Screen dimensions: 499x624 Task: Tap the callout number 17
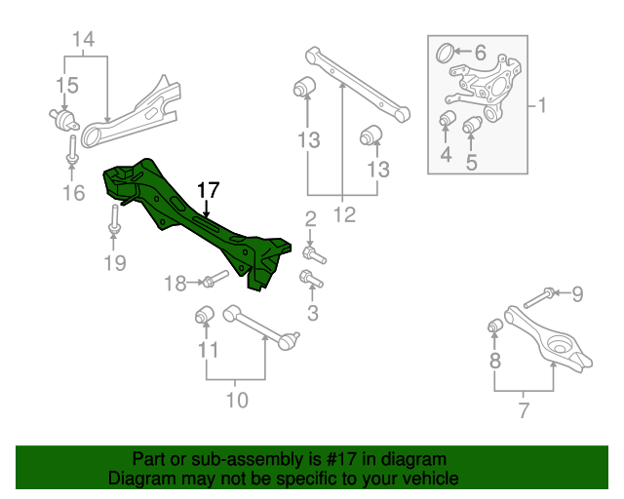[x=208, y=188]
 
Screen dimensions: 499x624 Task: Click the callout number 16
[x=73, y=193]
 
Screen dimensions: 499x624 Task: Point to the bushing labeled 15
[x=66, y=121]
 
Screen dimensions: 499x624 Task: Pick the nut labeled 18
[x=210, y=282]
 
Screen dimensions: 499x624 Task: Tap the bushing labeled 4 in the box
[x=448, y=121]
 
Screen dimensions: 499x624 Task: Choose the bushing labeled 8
[x=493, y=324]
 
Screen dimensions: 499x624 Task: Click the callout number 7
[x=524, y=410]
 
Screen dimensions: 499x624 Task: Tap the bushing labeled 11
[x=205, y=315]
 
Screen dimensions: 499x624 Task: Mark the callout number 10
[x=237, y=399]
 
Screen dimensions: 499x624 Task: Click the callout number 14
[x=84, y=40]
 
